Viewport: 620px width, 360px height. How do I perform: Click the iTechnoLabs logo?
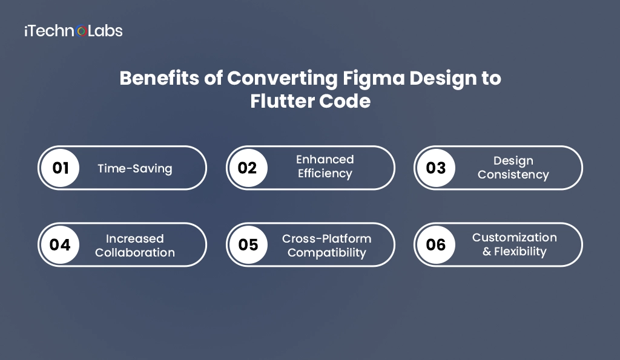point(73,31)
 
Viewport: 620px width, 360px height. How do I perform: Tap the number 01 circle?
point(61,168)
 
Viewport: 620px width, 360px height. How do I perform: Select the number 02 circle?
point(248,168)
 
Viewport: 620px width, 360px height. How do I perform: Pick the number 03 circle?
point(436,168)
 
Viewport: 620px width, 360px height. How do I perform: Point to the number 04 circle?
point(61,244)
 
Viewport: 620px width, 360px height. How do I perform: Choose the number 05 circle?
point(248,244)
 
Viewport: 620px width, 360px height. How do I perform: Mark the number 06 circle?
point(436,244)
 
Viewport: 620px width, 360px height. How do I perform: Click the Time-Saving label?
point(135,168)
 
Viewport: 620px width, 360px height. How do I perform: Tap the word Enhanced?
point(325,160)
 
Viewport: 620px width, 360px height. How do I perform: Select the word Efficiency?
point(325,174)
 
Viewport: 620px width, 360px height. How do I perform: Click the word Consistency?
point(513,175)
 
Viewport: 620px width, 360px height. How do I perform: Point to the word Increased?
point(135,238)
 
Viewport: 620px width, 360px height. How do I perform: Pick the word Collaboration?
point(135,252)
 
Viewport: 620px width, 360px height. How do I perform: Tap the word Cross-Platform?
point(327,238)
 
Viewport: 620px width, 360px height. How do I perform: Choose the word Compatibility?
point(327,252)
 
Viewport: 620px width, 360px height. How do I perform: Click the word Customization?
point(515,237)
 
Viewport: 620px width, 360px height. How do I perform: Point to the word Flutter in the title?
point(277,100)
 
